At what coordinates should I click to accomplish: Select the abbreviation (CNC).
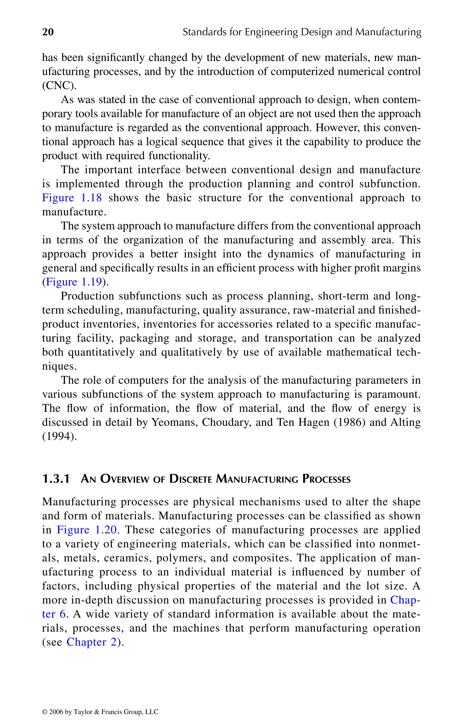(x=59, y=86)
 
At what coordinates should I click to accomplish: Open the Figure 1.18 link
(x=72, y=198)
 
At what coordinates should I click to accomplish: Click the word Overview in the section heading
(x=125, y=479)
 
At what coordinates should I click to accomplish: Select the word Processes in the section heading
(x=326, y=479)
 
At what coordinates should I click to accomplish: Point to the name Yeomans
(x=174, y=422)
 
